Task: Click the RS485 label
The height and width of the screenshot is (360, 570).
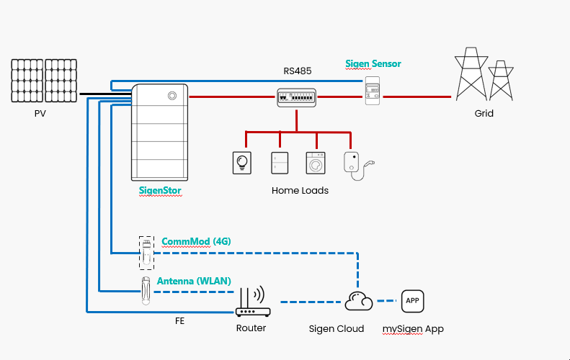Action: coord(297,71)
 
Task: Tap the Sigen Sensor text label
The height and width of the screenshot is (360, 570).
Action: coord(373,63)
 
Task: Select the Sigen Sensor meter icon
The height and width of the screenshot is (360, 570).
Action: coord(373,91)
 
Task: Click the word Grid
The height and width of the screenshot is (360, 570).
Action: coord(484,114)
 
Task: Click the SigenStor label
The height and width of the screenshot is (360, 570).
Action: coord(160,191)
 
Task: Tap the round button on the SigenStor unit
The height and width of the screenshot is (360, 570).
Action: coord(172,95)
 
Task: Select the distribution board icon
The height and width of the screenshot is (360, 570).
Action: coord(297,98)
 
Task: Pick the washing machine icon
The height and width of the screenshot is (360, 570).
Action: coord(316,163)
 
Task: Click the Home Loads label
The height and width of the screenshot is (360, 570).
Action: coord(300,191)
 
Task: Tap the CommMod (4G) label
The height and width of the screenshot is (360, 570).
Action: coord(196,241)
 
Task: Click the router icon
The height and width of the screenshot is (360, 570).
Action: coord(252,302)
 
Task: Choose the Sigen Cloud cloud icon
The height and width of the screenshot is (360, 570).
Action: coord(358,301)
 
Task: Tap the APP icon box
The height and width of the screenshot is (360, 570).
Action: coord(412,300)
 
